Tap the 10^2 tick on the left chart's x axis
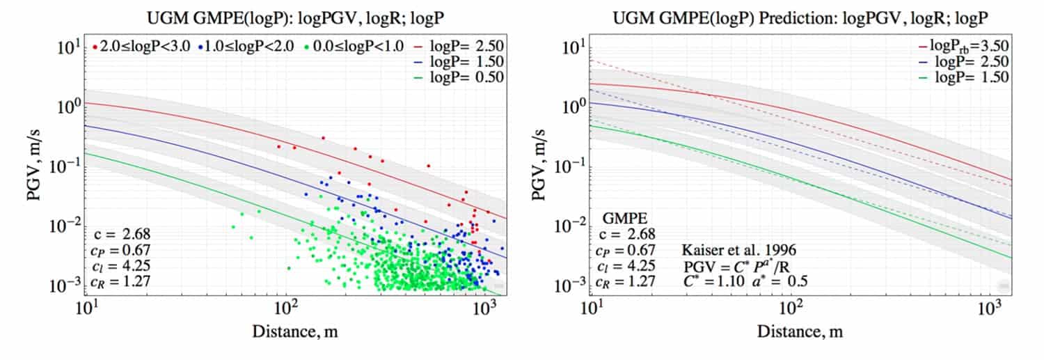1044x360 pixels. (287, 307)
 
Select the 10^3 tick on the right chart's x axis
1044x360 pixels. (991, 307)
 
